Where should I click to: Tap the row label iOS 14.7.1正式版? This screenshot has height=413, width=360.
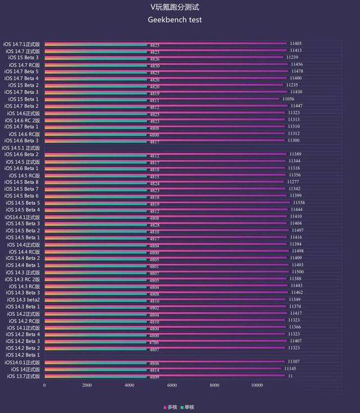pos(22,44)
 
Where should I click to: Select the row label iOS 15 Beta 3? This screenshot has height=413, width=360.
pos(25,58)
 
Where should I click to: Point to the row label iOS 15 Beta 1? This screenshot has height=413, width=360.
pos(25,99)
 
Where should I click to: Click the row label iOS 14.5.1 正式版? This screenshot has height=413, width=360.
pos(22,147)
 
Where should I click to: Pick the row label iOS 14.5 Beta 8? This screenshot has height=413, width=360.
pos(23,182)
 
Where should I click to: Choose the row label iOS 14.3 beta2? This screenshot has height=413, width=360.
pos(24,299)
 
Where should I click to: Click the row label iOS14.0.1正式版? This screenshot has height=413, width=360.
pos(22,362)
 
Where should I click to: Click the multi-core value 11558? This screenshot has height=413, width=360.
pos(298,203)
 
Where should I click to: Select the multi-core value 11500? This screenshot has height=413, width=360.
pos(296,272)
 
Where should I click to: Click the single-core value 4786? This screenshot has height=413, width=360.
pos(154,341)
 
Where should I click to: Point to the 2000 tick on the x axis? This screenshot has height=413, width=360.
pos(87,385)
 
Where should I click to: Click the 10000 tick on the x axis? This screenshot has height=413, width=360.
pos(257,385)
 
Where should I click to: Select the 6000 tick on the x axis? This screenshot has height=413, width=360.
pos(172,385)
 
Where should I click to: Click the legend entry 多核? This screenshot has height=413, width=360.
pos(172,407)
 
